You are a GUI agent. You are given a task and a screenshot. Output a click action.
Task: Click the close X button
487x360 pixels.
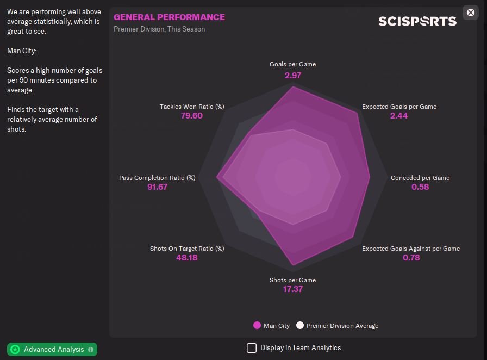click(x=471, y=13)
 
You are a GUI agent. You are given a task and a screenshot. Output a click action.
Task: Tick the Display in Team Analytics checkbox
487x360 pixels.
click(x=252, y=347)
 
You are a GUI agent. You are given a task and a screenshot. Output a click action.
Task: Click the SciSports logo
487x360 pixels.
click(x=417, y=21)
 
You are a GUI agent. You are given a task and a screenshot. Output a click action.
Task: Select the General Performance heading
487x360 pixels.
click(x=169, y=17)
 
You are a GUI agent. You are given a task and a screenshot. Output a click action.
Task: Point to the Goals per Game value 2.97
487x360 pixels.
click(x=292, y=75)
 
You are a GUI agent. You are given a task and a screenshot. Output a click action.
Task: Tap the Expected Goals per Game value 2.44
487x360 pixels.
click(x=399, y=116)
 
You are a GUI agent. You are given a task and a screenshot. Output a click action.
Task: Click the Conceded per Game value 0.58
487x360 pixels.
click(x=420, y=187)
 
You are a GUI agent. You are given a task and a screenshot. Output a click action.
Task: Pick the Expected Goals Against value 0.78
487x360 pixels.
click(x=411, y=257)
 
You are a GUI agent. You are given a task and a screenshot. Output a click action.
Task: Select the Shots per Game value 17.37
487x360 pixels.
click(x=292, y=289)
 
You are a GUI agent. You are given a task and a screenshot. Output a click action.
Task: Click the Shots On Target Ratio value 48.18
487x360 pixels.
click(x=186, y=257)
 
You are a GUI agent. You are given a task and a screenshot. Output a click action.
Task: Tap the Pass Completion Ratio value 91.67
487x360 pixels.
click(x=157, y=187)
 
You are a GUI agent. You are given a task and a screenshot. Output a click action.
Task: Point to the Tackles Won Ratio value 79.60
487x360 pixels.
click(x=191, y=116)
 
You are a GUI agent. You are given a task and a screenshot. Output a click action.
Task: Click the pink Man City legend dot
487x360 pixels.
click(x=257, y=326)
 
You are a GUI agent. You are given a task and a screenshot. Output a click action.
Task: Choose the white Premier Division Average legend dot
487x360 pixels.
click(x=300, y=326)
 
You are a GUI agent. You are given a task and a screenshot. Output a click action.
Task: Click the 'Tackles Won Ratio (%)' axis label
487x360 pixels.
click(x=192, y=107)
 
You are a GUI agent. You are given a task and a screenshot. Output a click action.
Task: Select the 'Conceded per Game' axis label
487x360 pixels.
click(x=420, y=178)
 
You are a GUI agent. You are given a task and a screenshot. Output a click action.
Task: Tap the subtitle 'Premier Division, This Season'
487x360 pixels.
click(x=159, y=29)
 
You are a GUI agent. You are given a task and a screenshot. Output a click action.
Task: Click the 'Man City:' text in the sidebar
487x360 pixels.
click(x=22, y=51)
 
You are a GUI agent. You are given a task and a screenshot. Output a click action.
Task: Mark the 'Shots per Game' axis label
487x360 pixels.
click(x=292, y=280)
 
